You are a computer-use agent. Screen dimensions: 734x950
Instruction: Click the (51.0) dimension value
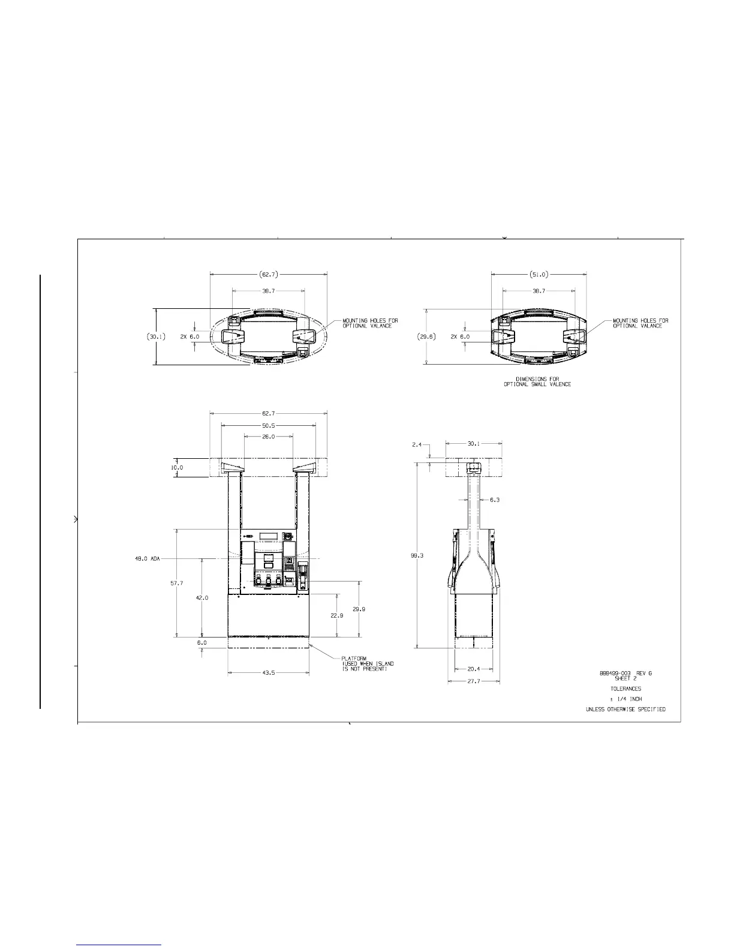point(539,275)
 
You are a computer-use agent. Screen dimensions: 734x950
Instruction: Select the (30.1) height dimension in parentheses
point(156,336)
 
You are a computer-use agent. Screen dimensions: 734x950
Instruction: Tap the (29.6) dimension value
point(426,336)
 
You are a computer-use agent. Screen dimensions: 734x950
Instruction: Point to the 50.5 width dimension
point(269,425)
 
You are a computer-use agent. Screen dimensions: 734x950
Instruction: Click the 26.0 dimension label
point(269,436)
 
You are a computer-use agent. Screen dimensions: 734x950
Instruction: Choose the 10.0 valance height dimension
point(177,467)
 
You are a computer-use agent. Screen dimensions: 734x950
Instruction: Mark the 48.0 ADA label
point(148,559)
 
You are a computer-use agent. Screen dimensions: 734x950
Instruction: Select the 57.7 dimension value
point(177,583)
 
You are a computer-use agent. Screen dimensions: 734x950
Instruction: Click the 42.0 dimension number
point(202,597)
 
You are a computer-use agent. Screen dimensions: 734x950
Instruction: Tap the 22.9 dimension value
point(336,615)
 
